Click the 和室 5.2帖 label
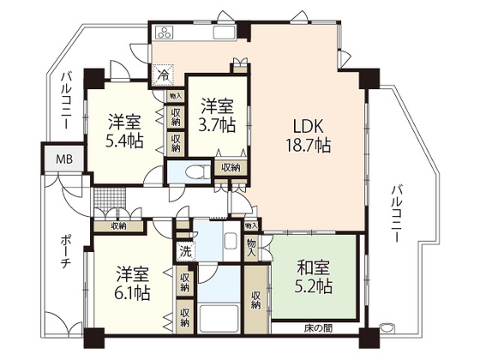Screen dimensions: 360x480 tap(313, 277)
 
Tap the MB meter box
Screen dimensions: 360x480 tap(64, 160)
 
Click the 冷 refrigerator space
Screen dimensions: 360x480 tap(163, 75)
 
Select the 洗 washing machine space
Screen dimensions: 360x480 tap(184, 253)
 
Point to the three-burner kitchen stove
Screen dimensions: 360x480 tap(165, 33)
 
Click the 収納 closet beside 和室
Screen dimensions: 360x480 tap(255, 300)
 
